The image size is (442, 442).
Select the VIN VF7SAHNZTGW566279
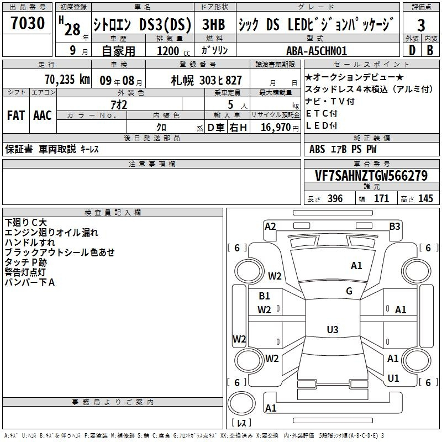(372, 176)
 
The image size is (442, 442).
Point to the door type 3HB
(214, 25)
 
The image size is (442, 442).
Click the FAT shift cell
(15, 115)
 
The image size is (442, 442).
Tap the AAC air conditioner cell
(43, 115)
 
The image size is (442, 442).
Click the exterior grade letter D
(412, 51)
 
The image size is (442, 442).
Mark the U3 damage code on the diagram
(332, 329)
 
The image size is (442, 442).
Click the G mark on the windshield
(349, 291)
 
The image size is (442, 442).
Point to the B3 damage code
(394, 226)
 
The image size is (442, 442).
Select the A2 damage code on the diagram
(270, 226)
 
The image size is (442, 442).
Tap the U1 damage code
(393, 378)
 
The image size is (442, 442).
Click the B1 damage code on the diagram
(265, 296)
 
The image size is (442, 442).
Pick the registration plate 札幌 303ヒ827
(207, 80)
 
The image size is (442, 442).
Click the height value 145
(425, 199)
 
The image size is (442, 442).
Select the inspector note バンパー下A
(30, 282)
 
